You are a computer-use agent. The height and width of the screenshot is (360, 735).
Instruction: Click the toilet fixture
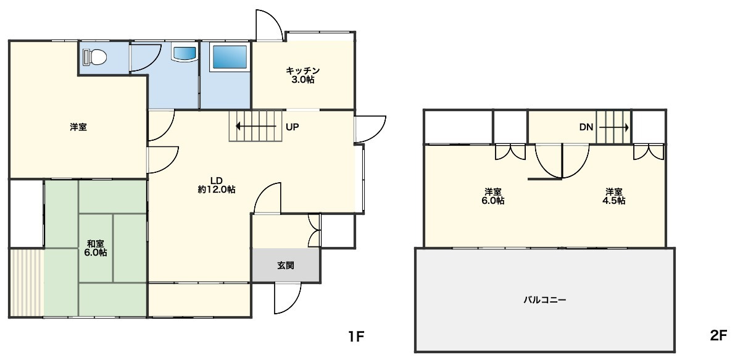[x=94, y=57]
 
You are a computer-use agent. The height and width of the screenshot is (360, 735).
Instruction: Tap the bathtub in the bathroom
[x=230, y=57]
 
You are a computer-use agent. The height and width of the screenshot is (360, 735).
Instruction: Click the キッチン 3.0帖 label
[x=303, y=75]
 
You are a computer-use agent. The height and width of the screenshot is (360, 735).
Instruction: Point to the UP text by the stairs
[x=293, y=127]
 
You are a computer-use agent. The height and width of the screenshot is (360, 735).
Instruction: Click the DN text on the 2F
[x=586, y=127]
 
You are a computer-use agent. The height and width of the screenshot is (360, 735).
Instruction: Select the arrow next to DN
[x=614, y=127]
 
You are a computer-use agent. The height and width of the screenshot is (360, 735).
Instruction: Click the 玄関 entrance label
[x=286, y=266]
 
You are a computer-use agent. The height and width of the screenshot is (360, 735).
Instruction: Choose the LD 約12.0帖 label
[x=216, y=186]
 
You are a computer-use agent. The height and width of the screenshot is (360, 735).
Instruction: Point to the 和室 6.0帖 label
[x=96, y=248]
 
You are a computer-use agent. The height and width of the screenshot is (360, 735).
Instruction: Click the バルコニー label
[x=545, y=299]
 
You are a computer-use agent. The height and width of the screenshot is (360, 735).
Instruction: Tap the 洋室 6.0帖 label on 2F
[x=494, y=196]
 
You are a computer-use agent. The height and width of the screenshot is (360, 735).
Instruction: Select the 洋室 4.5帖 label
[x=614, y=196]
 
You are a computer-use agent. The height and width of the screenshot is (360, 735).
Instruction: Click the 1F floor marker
[x=356, y=336]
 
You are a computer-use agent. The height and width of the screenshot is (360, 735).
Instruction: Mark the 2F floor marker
[x=718, y=336]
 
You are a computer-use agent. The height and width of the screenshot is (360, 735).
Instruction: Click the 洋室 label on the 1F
[x=78, y=127]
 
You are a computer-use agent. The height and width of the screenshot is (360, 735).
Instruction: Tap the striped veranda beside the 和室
[x=27, y=283]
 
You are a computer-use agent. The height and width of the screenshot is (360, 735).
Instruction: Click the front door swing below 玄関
[x=288, y=298]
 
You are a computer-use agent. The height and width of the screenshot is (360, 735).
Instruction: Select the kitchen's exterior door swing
[x=269, y=24]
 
